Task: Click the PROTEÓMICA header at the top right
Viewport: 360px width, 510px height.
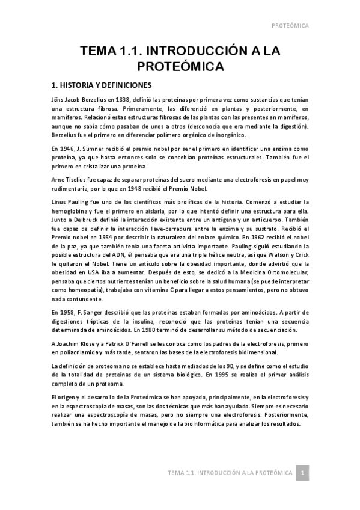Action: point(290,26)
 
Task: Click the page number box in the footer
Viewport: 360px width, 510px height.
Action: point(304,473)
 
